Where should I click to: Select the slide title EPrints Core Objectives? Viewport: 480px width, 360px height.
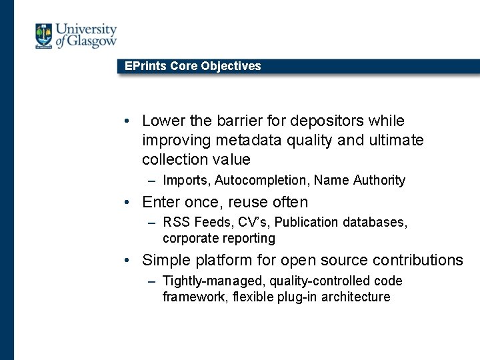point(193,66)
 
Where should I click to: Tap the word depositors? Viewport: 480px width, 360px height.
point(307,121)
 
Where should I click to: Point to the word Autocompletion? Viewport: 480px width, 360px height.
point(262,180)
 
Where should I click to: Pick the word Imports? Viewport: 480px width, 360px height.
point(185,180)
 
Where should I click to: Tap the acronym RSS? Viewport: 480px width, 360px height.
point(175,222)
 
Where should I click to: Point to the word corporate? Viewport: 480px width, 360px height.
point(189,238)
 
